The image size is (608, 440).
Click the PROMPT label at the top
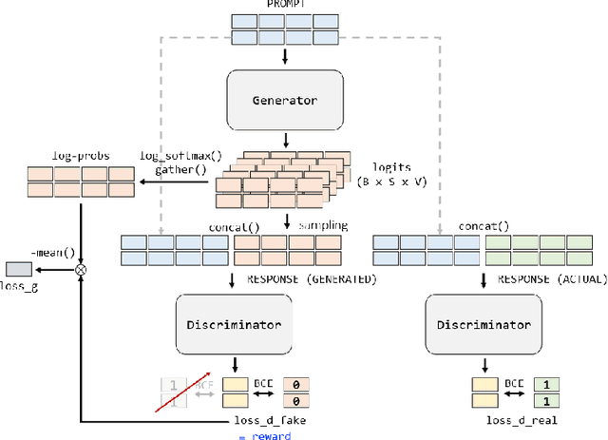[x=285, y=6]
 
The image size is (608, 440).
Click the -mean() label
[x=47, y=252]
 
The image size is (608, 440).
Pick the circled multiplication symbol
[x=81, y=269]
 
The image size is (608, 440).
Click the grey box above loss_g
[x=20, y=269]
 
